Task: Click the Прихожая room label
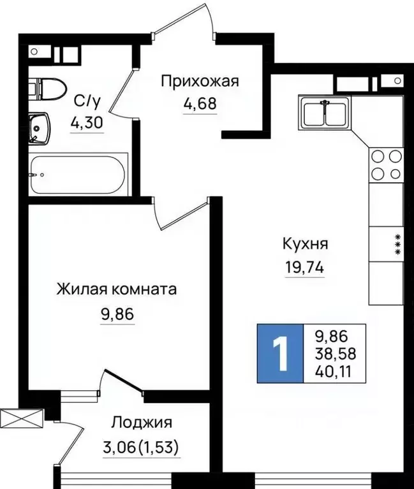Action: tap(200, 81)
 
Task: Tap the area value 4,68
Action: tap(200, 103)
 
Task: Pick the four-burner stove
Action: tap(385, 164)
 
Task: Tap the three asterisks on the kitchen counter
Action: tap(397, 244)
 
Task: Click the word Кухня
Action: tap(306, 244)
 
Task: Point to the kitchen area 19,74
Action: tap(305, 267)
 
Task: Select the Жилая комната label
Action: tap(116, 289)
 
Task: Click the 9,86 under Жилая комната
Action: tap(116, 312)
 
